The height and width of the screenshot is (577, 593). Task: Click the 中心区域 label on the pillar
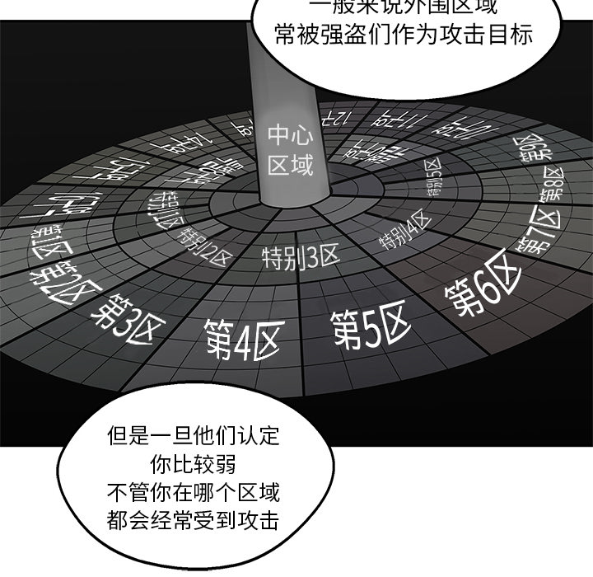291,149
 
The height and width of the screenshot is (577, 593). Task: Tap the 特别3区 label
301,256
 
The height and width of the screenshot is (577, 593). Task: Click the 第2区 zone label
63,269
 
